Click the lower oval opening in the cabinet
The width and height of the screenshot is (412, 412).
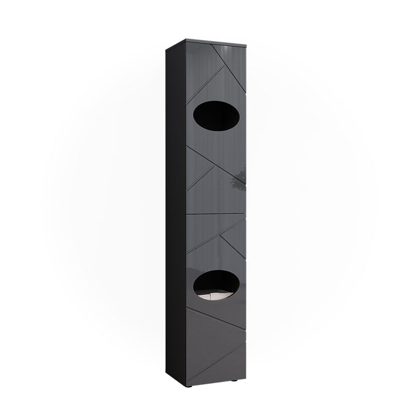click(217, 283)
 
